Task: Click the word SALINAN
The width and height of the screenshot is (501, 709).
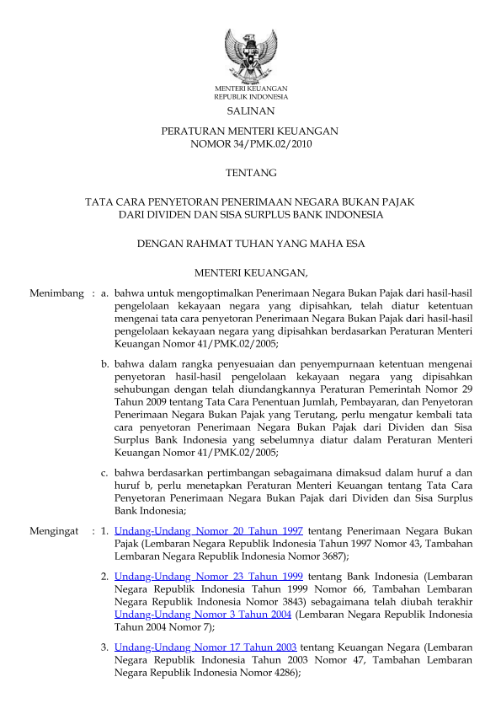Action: (250, 111)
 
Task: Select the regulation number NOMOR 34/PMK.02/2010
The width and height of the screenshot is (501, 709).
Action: (250, 143)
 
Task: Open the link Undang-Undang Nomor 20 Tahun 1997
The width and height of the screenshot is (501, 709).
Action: (209, 532)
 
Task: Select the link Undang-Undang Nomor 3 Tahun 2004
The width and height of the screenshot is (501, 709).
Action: (202, 615)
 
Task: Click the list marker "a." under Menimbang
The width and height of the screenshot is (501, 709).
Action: (105, 293)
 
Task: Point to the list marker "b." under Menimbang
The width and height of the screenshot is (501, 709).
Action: (105, 364)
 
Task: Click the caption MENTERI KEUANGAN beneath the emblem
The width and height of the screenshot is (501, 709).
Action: (250, 89)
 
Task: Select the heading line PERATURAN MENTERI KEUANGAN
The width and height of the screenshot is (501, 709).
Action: (250, 131)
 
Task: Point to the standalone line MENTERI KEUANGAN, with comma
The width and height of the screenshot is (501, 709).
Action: (250, 272)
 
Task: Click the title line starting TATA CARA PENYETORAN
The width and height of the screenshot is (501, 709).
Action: (250, 201)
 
